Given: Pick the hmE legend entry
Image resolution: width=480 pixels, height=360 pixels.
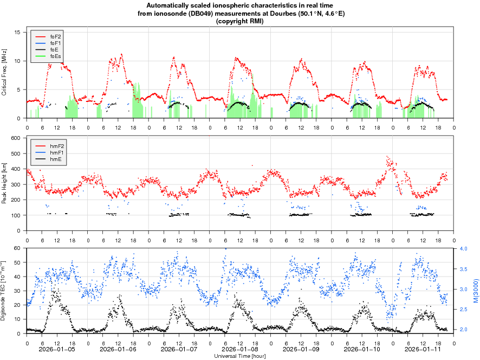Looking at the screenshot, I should click(55, 159).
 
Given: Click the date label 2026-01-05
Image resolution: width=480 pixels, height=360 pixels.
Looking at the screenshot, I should click(57, 349).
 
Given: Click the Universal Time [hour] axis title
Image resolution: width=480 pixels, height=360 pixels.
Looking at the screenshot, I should click(240, 356).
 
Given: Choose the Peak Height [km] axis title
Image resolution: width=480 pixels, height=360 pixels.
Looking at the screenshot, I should click(5, 184).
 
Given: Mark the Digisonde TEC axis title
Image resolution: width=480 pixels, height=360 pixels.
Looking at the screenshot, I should click(5, 291).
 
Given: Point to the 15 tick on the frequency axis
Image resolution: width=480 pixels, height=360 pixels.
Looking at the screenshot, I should click(17, 33).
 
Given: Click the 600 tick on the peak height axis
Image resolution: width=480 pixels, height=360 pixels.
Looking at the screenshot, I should click(16, 138).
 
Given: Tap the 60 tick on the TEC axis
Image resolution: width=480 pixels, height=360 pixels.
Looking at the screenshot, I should click(17, 249).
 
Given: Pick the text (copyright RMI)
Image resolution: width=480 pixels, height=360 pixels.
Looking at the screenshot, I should click(239, 21).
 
